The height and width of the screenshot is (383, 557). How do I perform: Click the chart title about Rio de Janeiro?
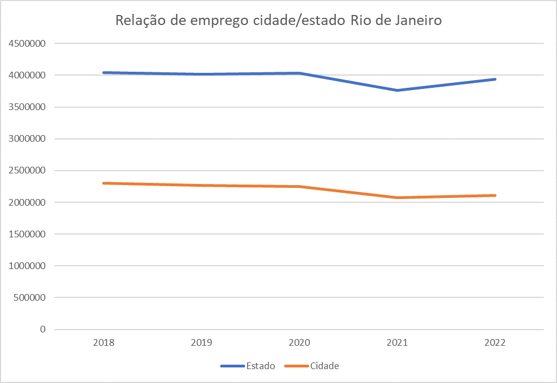tap(278, 21)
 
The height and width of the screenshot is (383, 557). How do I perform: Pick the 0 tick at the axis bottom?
tap(42, 330)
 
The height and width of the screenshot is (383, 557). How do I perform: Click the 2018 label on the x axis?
tap(104, 343)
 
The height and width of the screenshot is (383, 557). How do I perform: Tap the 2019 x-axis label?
tap(202, 343)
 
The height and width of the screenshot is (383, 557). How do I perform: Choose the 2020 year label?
tap(300, 343)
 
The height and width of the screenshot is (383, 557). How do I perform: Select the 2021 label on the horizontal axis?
tap(397, 343)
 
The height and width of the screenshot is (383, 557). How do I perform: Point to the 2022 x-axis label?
tap(495, 343)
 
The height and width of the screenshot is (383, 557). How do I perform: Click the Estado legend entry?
tap(248, 366)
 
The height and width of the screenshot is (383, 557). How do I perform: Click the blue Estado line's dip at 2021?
tap(397, 90)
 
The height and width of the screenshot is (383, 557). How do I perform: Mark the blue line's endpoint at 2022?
tap(495, 79)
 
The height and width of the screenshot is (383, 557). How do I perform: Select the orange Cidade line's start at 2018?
tap(104, 183)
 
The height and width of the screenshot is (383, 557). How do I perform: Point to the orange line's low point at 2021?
tap(397, 197)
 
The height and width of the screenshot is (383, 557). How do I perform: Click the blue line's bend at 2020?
tap(300, 73)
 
